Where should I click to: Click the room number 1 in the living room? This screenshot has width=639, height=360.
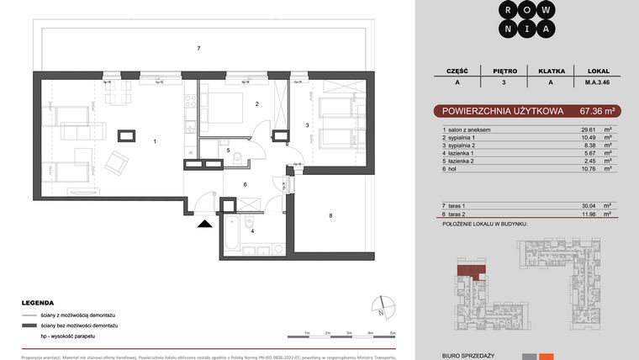(x=155, y=141)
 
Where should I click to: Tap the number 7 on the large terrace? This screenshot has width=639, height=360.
(x=198, y=49)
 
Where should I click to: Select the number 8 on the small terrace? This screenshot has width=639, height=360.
(x=330, y=216)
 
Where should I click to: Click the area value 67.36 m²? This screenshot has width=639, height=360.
(x=599, y=110)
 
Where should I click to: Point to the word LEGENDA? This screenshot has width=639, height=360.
(x=39, y=303)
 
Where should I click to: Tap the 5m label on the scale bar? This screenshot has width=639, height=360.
(x=392, y=333)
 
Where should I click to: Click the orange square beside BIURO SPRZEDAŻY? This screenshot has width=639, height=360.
(x=547, y=357)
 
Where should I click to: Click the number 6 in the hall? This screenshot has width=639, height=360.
(x=244, y=184)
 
